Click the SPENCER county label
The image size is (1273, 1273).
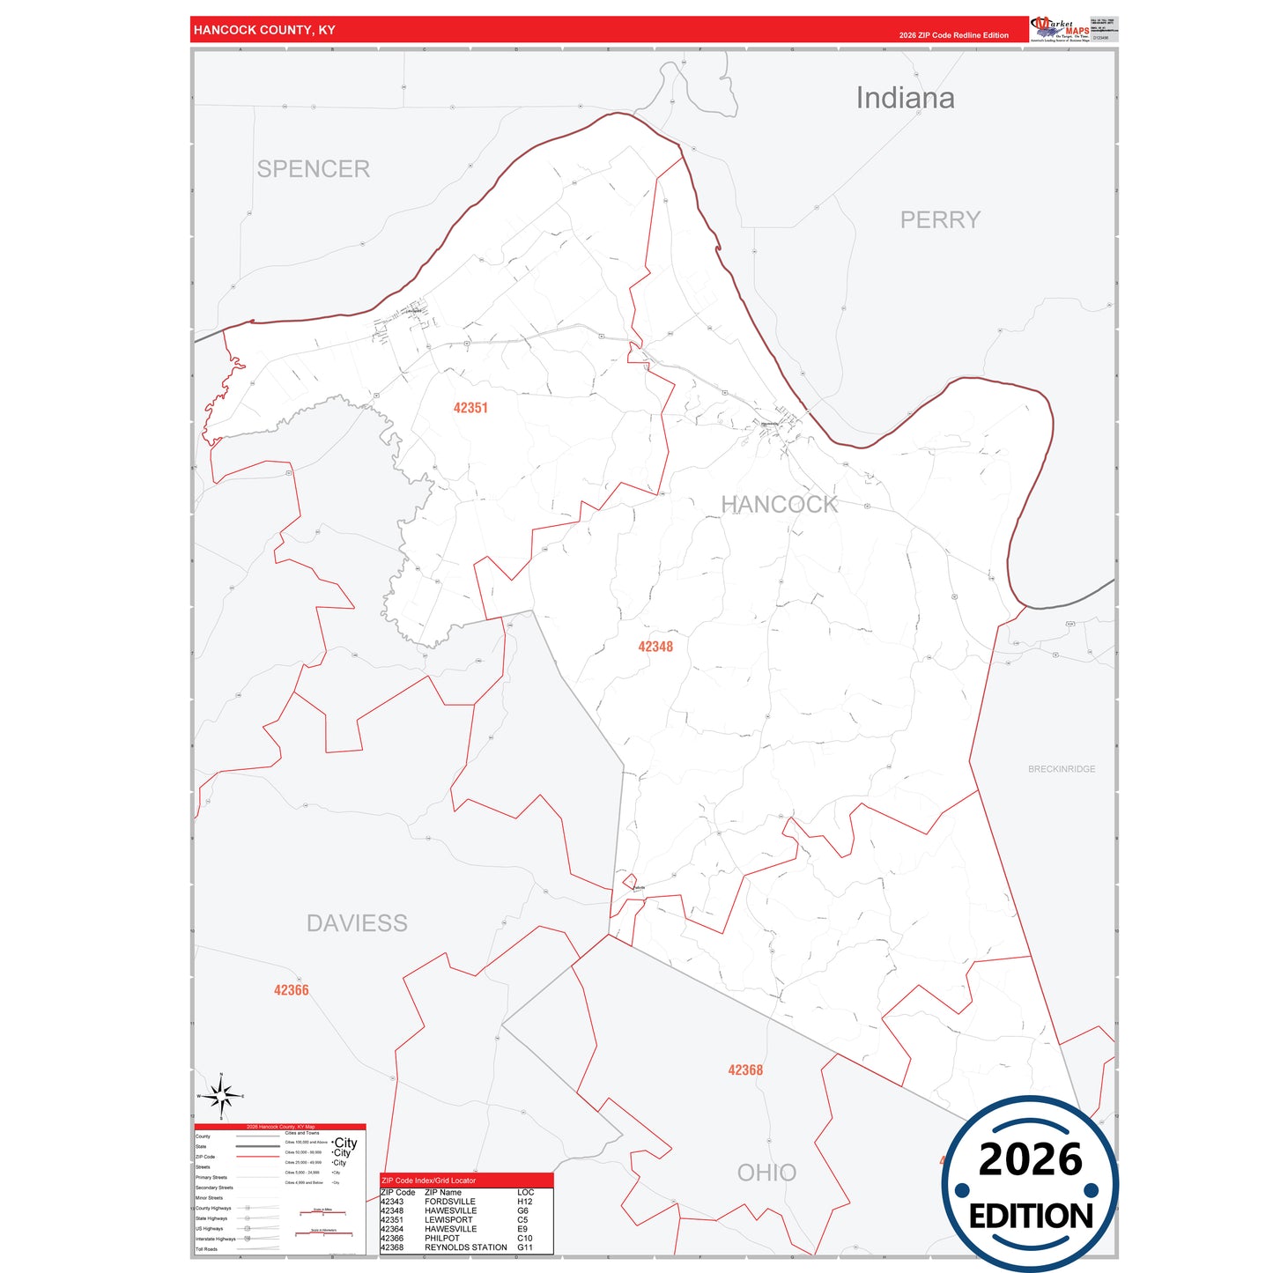pos(313,169)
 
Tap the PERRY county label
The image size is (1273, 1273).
pos(940,220)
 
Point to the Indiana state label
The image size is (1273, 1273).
pos(905,98)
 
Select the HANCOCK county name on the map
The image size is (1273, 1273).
pos(779,505)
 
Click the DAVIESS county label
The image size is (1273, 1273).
pos(357,923)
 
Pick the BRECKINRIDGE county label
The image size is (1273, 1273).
pos(1062,769)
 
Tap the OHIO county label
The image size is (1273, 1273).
pos(766,1173)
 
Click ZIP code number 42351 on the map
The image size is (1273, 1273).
pos(470,408)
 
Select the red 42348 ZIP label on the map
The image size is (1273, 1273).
pos(655,647)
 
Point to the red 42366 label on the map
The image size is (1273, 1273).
pos(291,990)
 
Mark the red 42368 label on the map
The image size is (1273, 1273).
pos(745,1070)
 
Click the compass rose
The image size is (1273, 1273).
pos(221,1096)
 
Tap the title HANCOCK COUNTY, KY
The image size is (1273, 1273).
pos(264,30)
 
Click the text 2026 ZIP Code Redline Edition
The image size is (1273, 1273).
pos(953,35)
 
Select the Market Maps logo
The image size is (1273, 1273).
pos(1061,29)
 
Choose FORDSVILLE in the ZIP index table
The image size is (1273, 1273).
pos(449,1202)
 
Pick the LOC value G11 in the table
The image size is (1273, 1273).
pos(525,1247)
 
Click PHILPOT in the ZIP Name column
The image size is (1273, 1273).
pos(442,1238)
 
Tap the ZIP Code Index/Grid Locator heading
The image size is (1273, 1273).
pos(428,1180)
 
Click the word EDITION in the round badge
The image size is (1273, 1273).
pos(1031,1217)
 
